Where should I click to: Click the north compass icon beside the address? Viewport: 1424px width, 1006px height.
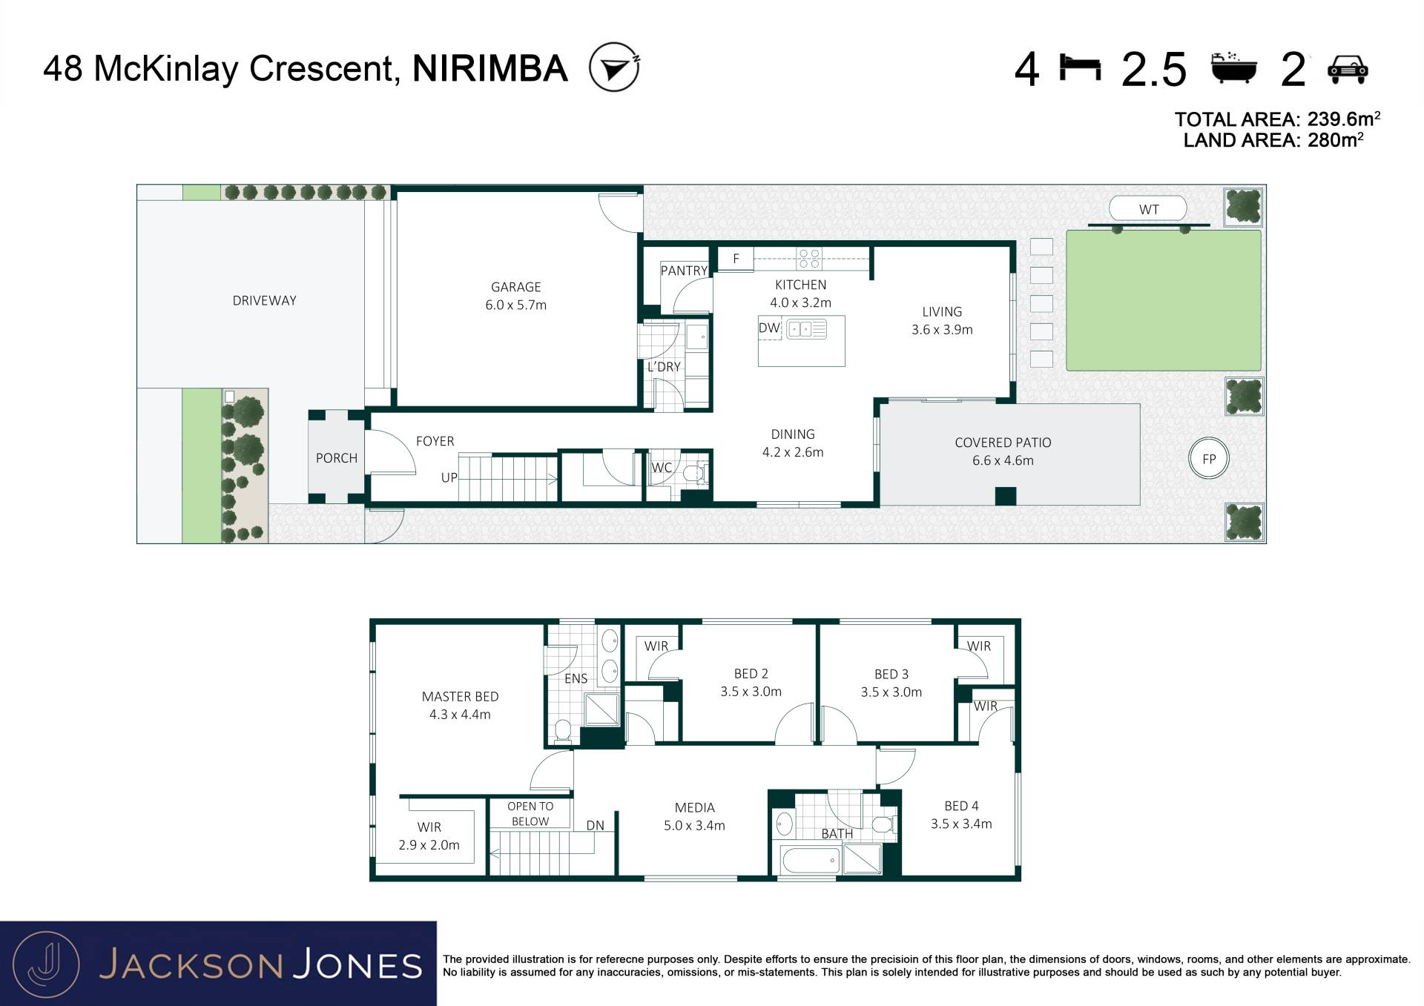tap(614, 67)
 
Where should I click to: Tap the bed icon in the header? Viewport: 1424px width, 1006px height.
tap(1080, 67)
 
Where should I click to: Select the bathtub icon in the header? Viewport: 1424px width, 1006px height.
tap(1234, 67)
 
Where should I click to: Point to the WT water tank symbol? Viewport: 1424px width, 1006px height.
tap(1148, 209)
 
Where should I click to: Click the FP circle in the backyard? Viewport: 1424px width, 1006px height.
tap(1209, 459)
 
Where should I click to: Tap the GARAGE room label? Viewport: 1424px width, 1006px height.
tap(515, 287)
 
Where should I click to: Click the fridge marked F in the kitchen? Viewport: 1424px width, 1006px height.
tap(736, 258)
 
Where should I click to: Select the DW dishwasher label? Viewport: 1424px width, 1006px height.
tap(769, 328)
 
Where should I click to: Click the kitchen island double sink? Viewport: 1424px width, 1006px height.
tap(806, 328)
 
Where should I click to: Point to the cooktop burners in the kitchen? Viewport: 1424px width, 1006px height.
tap(809, 258)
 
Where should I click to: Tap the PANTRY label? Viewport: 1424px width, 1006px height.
tap(684, 271)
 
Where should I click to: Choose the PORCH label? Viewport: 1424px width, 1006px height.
tap(337, 458)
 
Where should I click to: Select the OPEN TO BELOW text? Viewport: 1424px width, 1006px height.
tap(530, 814)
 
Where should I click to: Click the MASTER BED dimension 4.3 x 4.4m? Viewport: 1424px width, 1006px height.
tap(460, 715)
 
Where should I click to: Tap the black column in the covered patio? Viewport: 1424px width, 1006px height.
tap(1005, 496)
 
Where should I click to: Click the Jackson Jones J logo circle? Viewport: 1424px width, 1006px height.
tap(46, 964)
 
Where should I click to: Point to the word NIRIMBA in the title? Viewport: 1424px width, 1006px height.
tap(489, 68)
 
